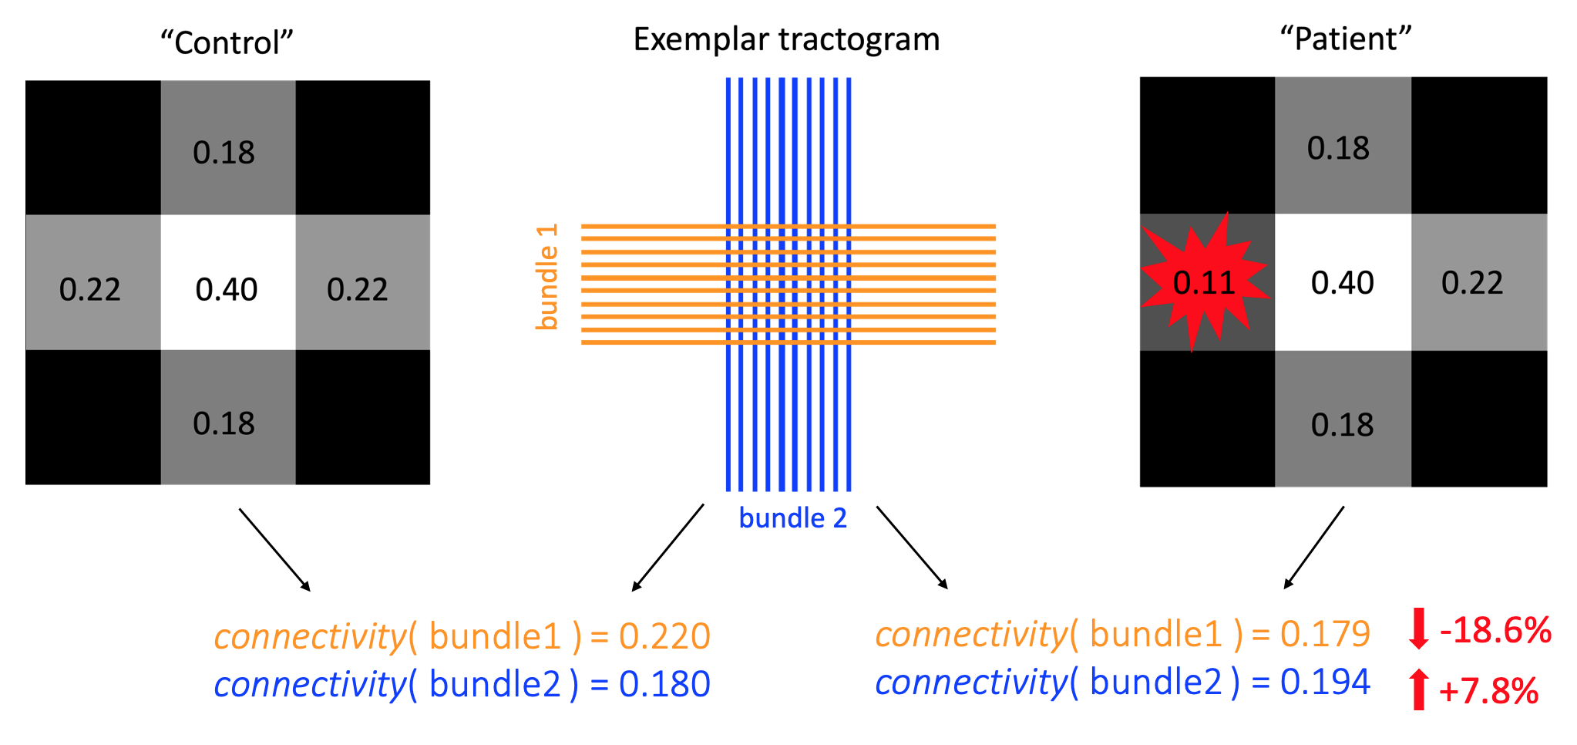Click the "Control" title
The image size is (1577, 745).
coord(227,42)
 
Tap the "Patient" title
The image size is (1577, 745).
coord(1345,39)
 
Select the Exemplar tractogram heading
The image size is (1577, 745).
coord(786,39)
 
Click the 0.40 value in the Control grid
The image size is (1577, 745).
coord(227,289)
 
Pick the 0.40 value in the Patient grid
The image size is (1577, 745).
coord(1342,283)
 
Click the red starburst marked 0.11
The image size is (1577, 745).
coord(1203,283)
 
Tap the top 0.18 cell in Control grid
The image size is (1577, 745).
coord(224,153)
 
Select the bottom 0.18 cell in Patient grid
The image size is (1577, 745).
coord(1342,425)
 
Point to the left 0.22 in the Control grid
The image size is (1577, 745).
coord(90,289)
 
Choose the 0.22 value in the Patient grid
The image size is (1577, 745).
coord(1472,283)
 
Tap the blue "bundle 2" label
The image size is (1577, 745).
coord(792,518)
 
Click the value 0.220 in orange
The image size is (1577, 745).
coord(664,636)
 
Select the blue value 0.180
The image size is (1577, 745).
coord(664,684)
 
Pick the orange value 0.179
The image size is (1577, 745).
coord(1325,634)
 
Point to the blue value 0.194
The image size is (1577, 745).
coord(1325,682)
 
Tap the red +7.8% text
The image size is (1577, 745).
coord(1488,691)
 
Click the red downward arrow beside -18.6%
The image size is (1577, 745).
coord(1418,629)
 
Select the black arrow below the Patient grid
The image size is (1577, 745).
coord(1314,548)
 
